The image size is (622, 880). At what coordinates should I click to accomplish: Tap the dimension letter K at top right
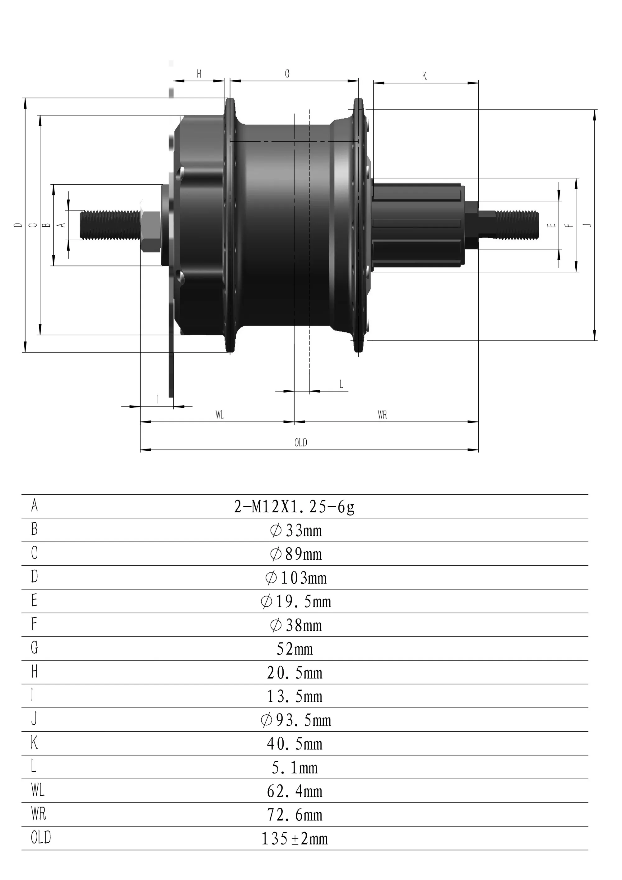pyautogui.click(x=425, y=76)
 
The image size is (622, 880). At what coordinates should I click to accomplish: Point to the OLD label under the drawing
pyautogui.click(x=301, y=443)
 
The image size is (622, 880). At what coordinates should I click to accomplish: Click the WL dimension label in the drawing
pyautogui.click(x=220, y=415)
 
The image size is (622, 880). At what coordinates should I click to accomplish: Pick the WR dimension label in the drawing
pyautogui.click(x=382, y=415)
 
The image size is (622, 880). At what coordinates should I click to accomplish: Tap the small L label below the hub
pyautogui.click(x=341, y=384)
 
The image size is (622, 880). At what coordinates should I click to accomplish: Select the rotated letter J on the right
pyautogui.click(x=589, y=225)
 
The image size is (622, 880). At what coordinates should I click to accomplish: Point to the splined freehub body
pyautogui.click(x=417, y=225)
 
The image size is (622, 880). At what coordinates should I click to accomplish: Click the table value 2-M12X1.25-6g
pyautogui.click(x=294, y=507)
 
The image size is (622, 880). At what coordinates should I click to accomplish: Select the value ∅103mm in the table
pyautogui.click(x=296, y=578)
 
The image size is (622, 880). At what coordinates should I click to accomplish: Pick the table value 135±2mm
pyautogui.click(x=295, y=839)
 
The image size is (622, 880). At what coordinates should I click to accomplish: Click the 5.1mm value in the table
pyautogui.click(x=295, y=768)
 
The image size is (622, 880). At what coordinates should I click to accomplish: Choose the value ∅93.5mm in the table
pyautogui.click(x=296, y=720)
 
